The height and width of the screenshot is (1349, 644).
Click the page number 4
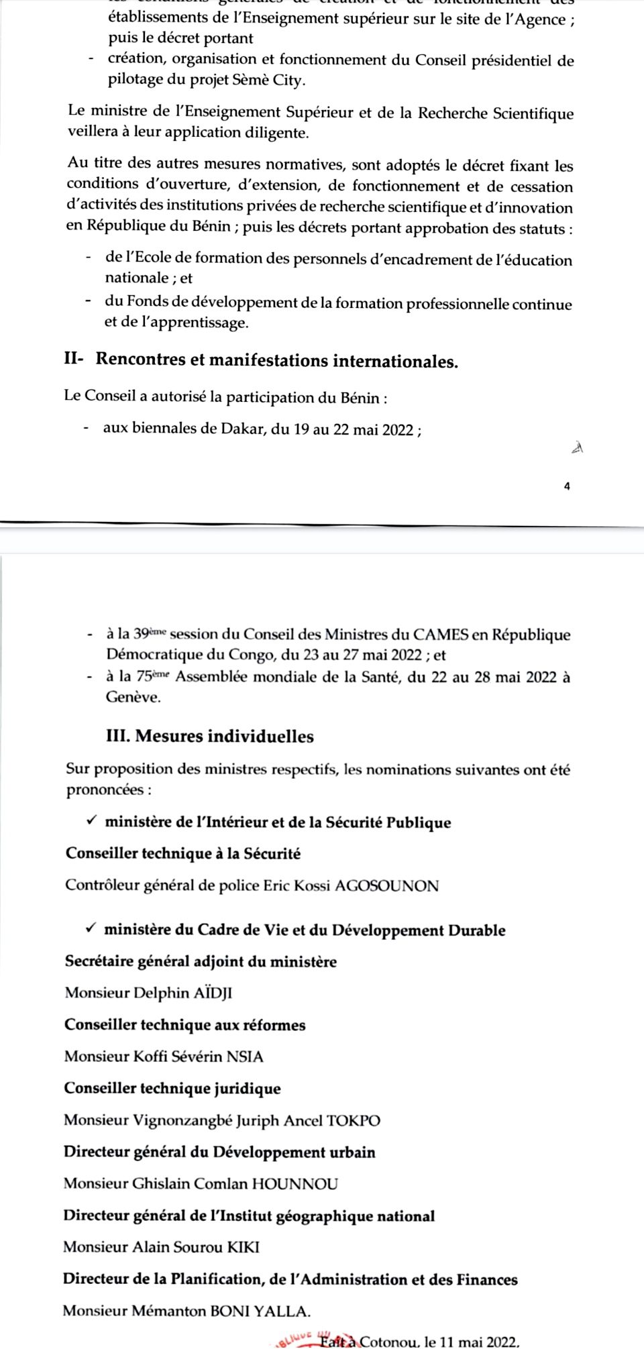568,487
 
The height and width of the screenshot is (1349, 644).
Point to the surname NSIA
245,1057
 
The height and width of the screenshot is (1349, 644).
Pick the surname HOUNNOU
294,1184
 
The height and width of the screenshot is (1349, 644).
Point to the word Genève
133,697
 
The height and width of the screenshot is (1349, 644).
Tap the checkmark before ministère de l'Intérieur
91,821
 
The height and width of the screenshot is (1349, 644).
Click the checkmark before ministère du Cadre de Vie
91,929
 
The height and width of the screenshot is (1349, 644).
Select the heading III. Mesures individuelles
210,736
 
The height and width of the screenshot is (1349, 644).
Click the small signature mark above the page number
576,448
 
